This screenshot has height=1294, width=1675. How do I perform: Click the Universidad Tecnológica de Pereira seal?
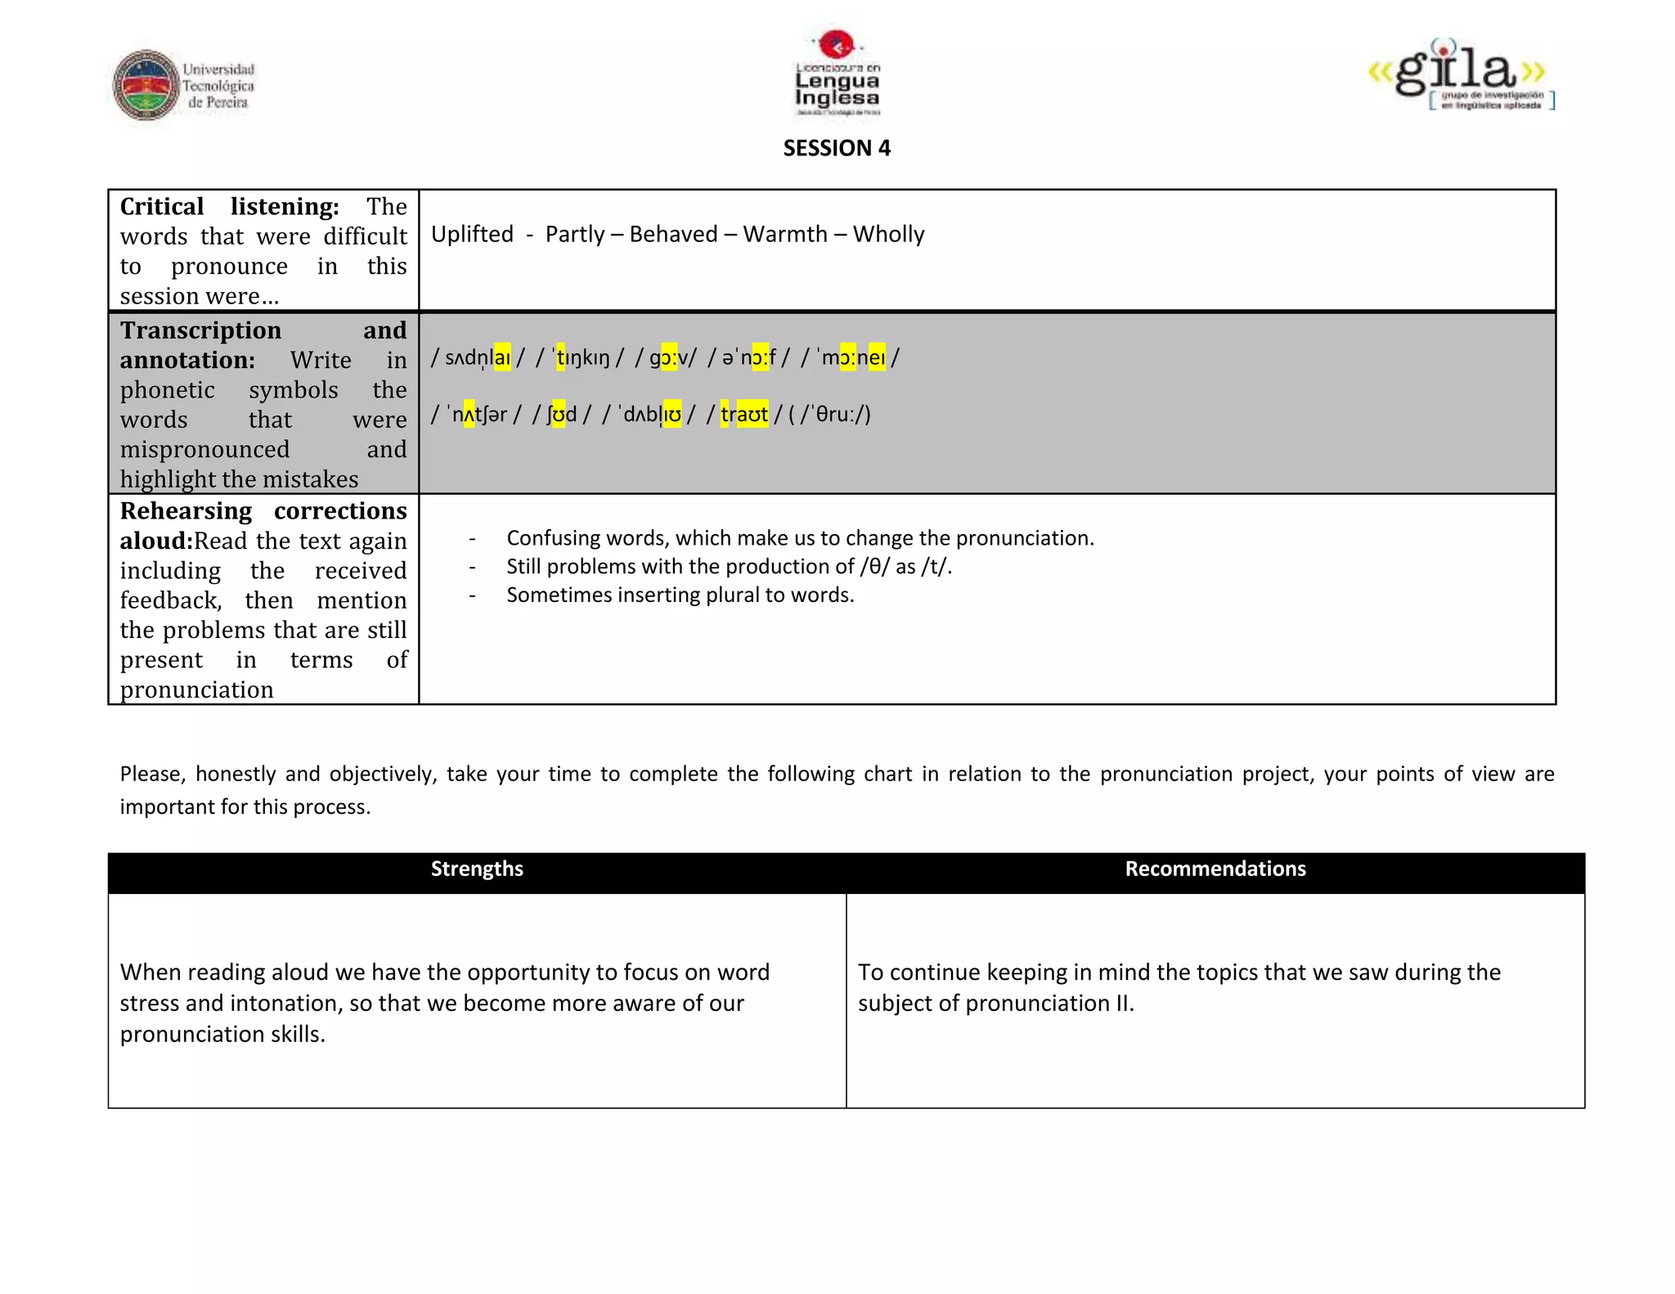(x=146, y=85)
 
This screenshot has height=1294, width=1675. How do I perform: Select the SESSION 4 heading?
(x=837, y=148)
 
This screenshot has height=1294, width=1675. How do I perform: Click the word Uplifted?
(x=472, y=235)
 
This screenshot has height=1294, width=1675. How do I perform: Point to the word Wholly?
(x=888, y=235)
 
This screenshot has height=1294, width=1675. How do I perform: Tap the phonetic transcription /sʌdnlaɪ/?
(x=478, y=358)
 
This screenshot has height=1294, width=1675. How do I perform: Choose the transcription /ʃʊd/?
(x=561, y=415)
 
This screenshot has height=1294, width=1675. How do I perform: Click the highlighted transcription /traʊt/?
(x=743, y=415)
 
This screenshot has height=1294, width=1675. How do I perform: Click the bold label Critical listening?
(x=229, y=207)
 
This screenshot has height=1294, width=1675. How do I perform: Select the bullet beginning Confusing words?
(x=799, y=538)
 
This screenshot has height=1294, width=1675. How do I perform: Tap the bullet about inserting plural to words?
(x=680, y=595)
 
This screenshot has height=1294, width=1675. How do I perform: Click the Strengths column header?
(x=477, y=869)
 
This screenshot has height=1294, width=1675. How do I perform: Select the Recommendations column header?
(x=1215, y=869)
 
